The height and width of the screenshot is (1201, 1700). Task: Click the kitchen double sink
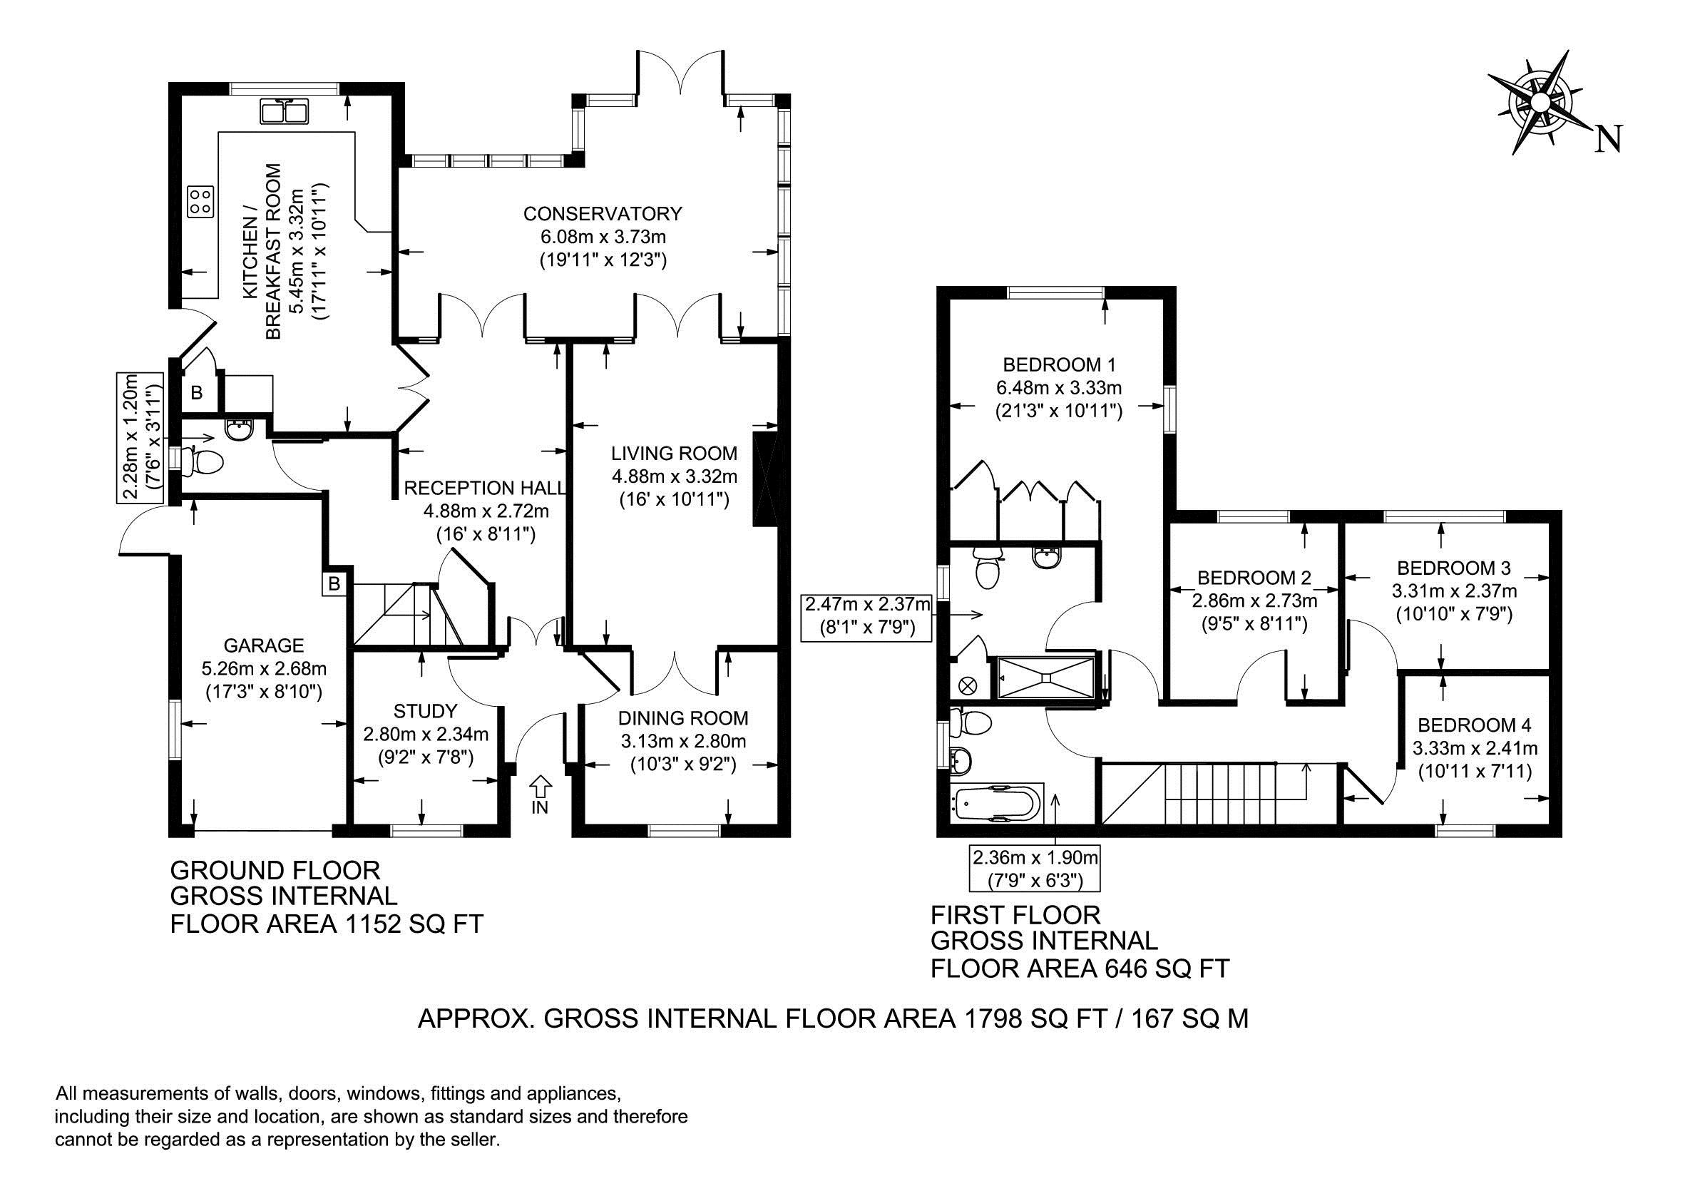(x=285, y=112)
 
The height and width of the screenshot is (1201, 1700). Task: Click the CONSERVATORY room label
(x=602, y=214)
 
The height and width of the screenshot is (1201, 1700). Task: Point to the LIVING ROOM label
(x=674, y=453)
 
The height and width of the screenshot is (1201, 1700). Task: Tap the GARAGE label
(x=264, y=645)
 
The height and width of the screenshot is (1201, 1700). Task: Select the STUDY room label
(x=425, y=712)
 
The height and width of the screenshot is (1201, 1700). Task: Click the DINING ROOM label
(x=683, y=717)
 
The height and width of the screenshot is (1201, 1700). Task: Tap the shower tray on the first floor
(x=1045, y=677)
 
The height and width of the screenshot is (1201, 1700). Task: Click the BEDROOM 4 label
(x=1475, y=725)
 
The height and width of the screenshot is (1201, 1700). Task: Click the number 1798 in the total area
(x=992, y=1019)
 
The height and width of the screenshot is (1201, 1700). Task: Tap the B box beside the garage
(x=334, y=583)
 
